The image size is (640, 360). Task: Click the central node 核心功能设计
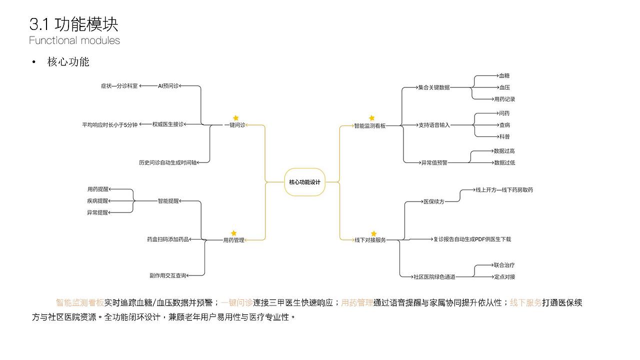click(x=304, y=182)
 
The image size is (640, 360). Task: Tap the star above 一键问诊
click(x=236, y=118)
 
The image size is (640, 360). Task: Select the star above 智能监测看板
click(x=371, y=118)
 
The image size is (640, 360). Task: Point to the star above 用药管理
click(x=233, y=233)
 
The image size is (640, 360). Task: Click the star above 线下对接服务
click(x=373, y=233)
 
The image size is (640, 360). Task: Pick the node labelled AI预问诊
click(x=168, y=86)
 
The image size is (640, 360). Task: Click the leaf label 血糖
click(x=504, y=76)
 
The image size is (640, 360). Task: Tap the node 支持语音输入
click(x=434, y=125)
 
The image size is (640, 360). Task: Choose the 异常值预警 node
click(x=434, y=162)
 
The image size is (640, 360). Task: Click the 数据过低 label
click(x=504, y=162)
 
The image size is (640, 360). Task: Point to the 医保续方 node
click(x=433, y=201)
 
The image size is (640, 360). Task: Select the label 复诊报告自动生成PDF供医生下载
click(x=472, y=239)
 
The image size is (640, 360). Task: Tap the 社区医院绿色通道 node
click(x=434, y=276)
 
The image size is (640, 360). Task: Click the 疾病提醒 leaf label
click(x=97, y=201)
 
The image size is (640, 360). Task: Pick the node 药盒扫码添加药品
click(x=168, y=239)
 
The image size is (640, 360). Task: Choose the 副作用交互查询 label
click(x=167, y=275)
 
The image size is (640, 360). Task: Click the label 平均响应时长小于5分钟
click(x=109, y=124)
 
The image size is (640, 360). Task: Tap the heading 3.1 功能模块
click(x=73, y=24)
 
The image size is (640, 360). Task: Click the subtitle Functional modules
click(x=74, y=40)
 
